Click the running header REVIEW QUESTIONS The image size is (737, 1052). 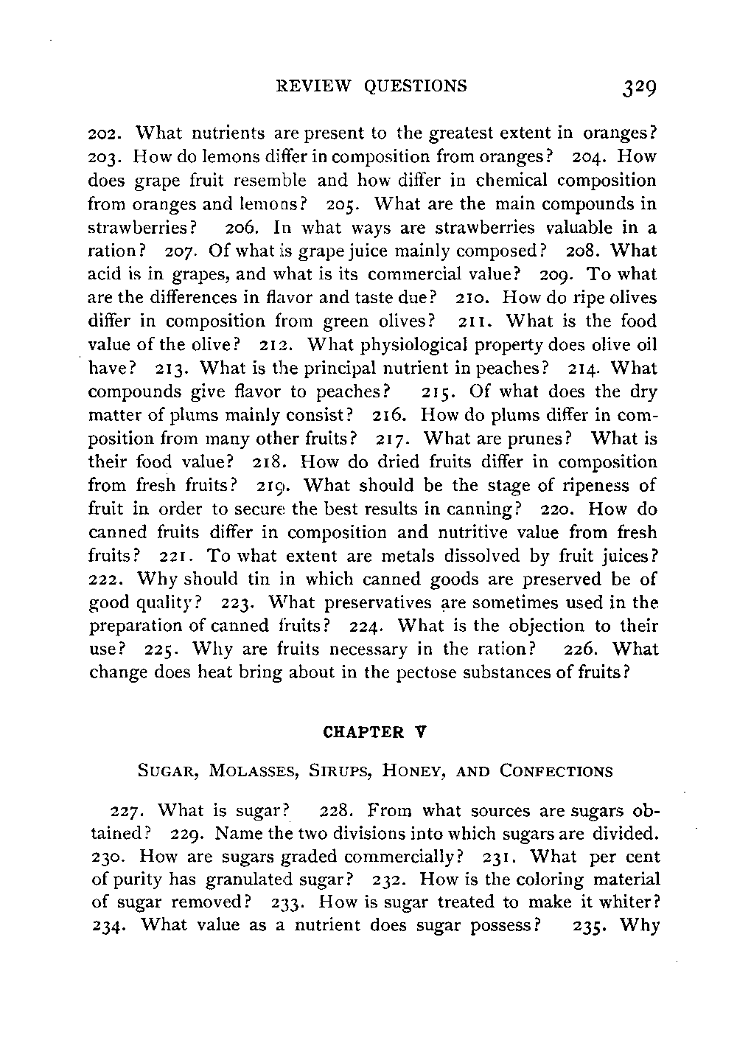point(370,86)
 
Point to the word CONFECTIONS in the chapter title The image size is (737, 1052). point(556,772)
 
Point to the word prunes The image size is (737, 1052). point(544,439)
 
